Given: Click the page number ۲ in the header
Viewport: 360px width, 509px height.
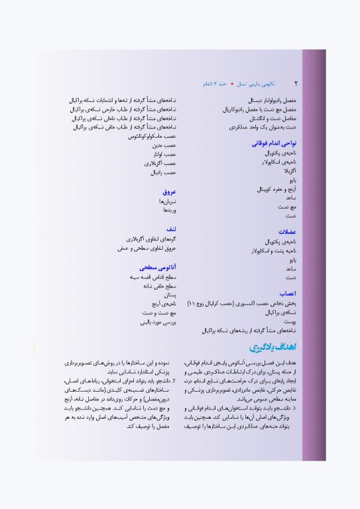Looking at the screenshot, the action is tap(296, 84).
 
